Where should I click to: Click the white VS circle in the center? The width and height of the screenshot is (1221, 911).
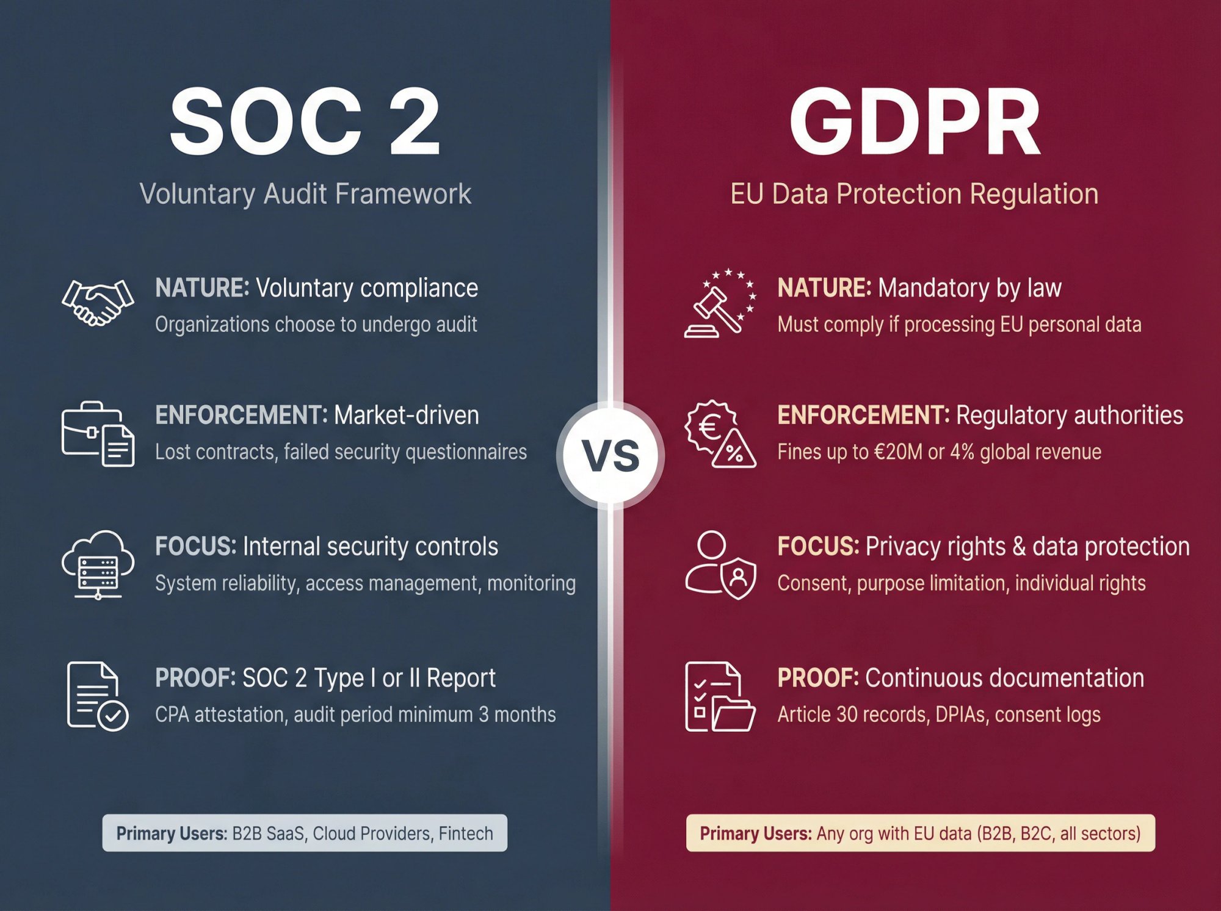(x=610, y=455)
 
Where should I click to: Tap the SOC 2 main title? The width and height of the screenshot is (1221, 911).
(x=305, y=121)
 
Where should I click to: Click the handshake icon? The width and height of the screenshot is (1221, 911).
(x=98, y=303)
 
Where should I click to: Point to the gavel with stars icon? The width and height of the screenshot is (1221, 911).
(x=720, y=303)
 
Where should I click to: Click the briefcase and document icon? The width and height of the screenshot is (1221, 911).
(x=98, y=434)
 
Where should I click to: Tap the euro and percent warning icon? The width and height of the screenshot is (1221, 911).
(x=720, y=434)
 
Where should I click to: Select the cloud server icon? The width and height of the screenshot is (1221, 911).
(x=98, y=564)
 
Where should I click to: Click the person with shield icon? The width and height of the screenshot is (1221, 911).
(x=720, y=565)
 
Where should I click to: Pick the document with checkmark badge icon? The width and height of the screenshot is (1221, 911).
(x=98, y=696)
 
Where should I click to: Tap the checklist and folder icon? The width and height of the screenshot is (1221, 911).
(x=720, y=696)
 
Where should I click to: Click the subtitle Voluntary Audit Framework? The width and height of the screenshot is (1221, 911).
(x=305, y=194)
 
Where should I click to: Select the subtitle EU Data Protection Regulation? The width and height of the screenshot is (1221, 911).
(x=915, y=194)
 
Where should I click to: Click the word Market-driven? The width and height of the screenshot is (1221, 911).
(x=407, y=416)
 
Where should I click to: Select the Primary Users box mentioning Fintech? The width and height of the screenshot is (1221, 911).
(x=305, y=833)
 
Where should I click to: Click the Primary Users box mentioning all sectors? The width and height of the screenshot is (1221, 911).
(x=921, y=833)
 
